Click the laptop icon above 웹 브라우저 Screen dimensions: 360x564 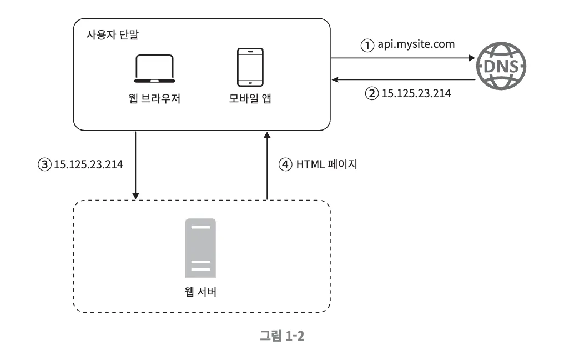[155, 68]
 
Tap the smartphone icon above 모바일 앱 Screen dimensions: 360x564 [250, 68]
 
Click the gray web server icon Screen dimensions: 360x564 [200, 247]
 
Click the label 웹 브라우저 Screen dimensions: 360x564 [154, 100]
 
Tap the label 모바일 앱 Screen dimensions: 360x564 [250, 100]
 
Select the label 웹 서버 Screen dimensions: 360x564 [200, 291]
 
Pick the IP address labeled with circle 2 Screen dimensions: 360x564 [416, 93]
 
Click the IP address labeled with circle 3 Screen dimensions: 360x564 [88, 164]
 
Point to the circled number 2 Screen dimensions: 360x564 [370, 93]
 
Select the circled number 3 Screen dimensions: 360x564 [43, 164]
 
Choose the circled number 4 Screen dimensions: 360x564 [284, 164]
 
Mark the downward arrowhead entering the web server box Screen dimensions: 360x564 [135, 195]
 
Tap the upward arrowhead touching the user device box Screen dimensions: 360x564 [267, 135]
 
